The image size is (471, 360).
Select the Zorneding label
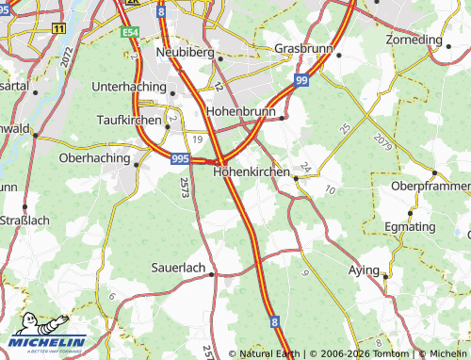tap(414, 41)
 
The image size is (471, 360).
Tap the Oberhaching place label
tap(94, 158)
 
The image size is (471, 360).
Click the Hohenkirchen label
tap(252, 172)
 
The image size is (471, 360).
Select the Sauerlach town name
tap(179, 268)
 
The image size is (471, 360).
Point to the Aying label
tap(364, 270)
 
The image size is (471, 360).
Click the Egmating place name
tap(410, 227)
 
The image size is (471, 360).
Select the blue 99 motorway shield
tap(300, 81)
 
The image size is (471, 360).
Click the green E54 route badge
tap(131, 32)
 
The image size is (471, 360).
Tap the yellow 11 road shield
tap(59, 28)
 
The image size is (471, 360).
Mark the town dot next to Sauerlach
tap(212, 274)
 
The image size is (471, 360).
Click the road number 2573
tap(186, 187)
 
